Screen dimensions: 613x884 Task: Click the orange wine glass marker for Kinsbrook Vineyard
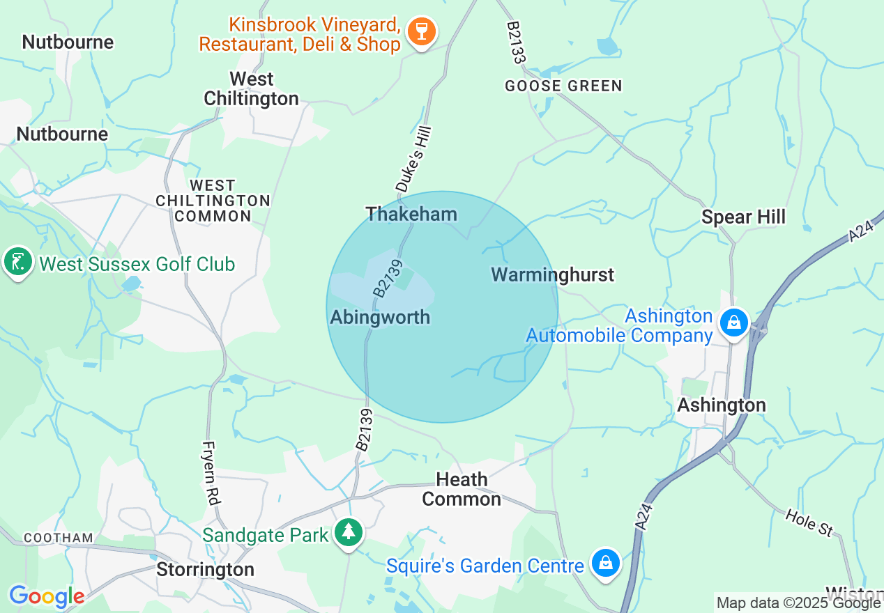(421, 32)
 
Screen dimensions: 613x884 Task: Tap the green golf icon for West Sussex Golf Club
(18, 263)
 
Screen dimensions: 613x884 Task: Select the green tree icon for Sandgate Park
(346, 534)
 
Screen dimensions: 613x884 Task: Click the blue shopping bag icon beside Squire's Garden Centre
(605, 563)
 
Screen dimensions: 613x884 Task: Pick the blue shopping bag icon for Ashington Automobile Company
(733, 323)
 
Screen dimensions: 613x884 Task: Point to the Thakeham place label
(411, 214)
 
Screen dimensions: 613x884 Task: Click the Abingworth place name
(380, 318)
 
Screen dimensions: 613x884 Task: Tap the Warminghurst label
(553, 274)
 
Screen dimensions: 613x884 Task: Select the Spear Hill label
(743, 217)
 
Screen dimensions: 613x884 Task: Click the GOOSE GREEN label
(563, 86)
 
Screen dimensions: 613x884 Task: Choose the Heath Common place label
(462, 489)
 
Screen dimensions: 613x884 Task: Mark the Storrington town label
(205, 569)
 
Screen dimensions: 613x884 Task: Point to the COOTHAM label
(59, 538)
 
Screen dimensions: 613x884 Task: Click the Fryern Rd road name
(210, 473)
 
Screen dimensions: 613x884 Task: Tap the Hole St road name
(809, 522)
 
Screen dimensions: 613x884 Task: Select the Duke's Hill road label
(414, 159)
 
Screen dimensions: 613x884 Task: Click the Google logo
(47, 596)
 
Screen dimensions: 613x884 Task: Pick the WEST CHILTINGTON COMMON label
(213, 201)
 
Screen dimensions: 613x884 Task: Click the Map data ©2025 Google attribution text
(798, 603)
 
